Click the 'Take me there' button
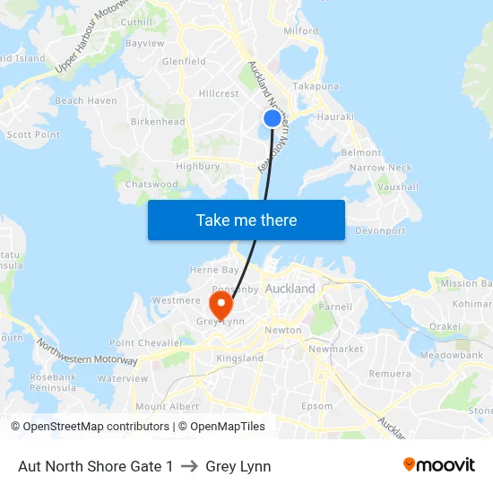pyautogui.click(x=246, y=221)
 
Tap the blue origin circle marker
pyautogui.click(x=272, y=118)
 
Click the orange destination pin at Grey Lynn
pyautogui.click(x=220, y=301)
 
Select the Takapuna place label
pyautogui.click(x=316, y=86)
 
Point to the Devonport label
pyautogui.click(x=381, y=231)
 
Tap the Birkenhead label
pyautogui.click(x=158, y=122)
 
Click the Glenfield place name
pyautogui.click(x=184, y=62)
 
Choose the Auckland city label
pyautogui.click(x=290, y=290)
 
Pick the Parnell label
pyautogui.click(x=335, y=307)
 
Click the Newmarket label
pyautogui.click(x=335, y=349)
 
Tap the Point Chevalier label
pyautogui.click(x=146, y=343)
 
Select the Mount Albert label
pyautogui.click(x=168, y=406)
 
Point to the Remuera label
pyautogui.click(x=390, y=374)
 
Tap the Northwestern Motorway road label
pyautogui.click(x=87, y=350)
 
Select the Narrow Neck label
pyautogui.click(x=381, y=168)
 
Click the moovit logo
pyautogui.click(x=438, y=465)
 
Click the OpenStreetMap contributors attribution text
pyautogui.click(x=95, y=427)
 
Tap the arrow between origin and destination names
pyautogui.click(x=189, y=466)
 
